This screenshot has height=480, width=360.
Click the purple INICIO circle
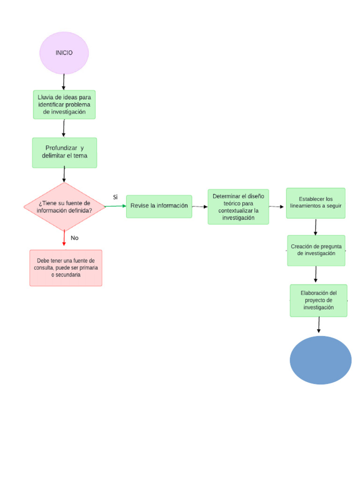pyautogui.click(x=64, y=53)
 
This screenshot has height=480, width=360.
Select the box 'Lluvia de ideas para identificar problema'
pyautogui.click(x=64, y=105)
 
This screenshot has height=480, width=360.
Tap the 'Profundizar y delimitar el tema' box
pyautogui.click(x=64, y=152)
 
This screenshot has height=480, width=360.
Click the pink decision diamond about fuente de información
pyautogui.click(x=64, y=207)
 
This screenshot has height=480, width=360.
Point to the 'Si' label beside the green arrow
pyautogui.click(x=115, y=197)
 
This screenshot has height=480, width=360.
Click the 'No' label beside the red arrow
pyautogui.click(x=75, y=238)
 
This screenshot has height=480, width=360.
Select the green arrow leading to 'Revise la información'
pyautogui.click(x=115, y=206)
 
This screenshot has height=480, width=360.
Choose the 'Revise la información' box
pyautogui.click(x=159, y=206)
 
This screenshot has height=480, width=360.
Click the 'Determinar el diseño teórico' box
pyautogui.click(x=238, y=207)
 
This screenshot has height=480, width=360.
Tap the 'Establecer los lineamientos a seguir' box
pyautogui.click(x=315, y=203)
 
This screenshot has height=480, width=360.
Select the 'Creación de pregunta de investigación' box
pyautogui.click(x=316, y=250)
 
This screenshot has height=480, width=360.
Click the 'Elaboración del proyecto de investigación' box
pyautogui.click(x=318, y=300)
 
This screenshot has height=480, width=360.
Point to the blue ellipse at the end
pyautogui.click(x=321, y=360)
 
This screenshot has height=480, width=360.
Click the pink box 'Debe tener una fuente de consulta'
pyautogui.click(x=66, y=268)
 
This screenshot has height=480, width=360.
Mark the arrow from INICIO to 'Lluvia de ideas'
pyautogui.click(x=64, y=82)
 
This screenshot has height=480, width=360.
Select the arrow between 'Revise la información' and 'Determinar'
pyautogui.click(x=200, y=206)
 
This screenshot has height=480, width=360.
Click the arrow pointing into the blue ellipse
pyautogui.click(x=319, y=325)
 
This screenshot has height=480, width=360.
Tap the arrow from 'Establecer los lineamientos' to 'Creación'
pyautogui.click(x=315, y=227)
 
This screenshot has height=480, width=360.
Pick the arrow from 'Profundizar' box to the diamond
pyautogui.click(x=64, y=175)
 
